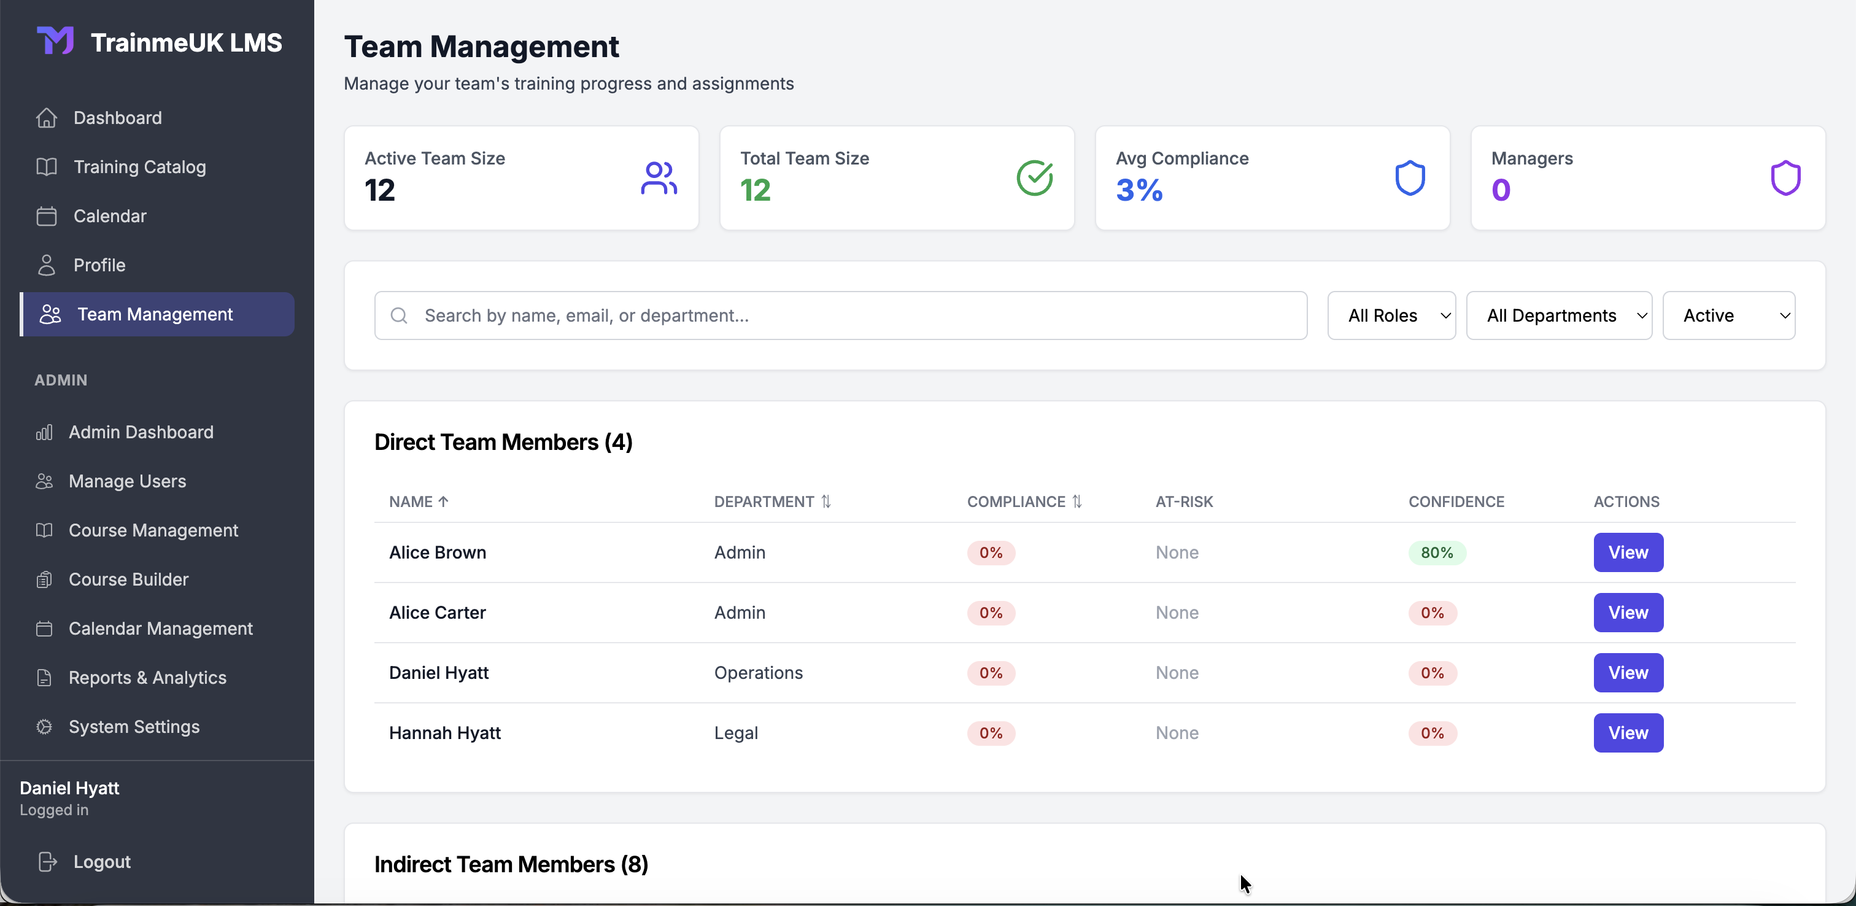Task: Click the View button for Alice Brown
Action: point(1628,552)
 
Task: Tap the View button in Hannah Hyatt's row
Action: point(1628,732)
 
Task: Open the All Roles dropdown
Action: point(1391,316)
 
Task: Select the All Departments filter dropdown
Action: point(1558,316)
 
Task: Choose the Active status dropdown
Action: point(1728,316)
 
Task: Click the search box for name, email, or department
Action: point(840,316)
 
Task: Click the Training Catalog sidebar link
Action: point(139,167)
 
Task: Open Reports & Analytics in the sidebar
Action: point(147,678)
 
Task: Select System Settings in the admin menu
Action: point(134,727)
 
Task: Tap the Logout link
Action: point(102,862)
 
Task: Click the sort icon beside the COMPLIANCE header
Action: point(1077,501)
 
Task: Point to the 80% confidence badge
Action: point(1436,553)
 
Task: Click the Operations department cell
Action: point(758,673)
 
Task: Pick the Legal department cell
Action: point(736,733)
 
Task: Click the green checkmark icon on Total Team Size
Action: point(1034,178)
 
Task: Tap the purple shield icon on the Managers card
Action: point(1785,178)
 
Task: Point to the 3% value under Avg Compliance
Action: point(1139,190)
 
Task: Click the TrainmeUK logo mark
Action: point(55,41)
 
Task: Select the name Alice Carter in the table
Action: point(438,613)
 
